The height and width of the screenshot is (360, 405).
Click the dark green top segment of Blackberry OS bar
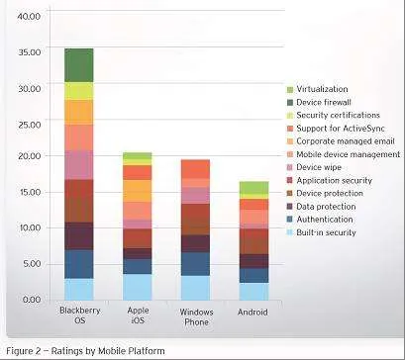point(79,65)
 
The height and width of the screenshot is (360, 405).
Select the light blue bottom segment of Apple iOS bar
point(138,287)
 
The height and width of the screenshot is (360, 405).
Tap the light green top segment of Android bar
point(253,188)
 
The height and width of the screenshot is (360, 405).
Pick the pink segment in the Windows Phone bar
point(195,196)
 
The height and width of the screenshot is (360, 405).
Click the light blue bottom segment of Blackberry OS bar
point(79,289)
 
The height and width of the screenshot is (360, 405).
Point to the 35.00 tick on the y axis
point(29,52)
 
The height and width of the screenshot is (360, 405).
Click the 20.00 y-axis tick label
point(29,156)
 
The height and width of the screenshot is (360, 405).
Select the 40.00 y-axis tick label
point(29,16)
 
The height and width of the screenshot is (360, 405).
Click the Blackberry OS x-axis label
point(80,315)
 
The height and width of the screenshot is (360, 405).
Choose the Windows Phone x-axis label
point(196,316)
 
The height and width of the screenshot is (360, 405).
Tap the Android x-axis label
point(253,313)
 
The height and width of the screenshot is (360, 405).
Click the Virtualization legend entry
point(317,89)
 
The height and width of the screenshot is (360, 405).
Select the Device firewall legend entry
point(319,103)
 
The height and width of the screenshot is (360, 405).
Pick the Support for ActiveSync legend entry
point(336,129)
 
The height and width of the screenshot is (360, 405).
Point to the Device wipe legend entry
point(314,167)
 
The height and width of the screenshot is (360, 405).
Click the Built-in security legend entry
point(322,232)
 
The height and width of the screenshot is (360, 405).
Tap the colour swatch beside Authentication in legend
point(290,220)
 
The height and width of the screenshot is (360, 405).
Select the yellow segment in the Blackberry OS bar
point(79,91)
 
